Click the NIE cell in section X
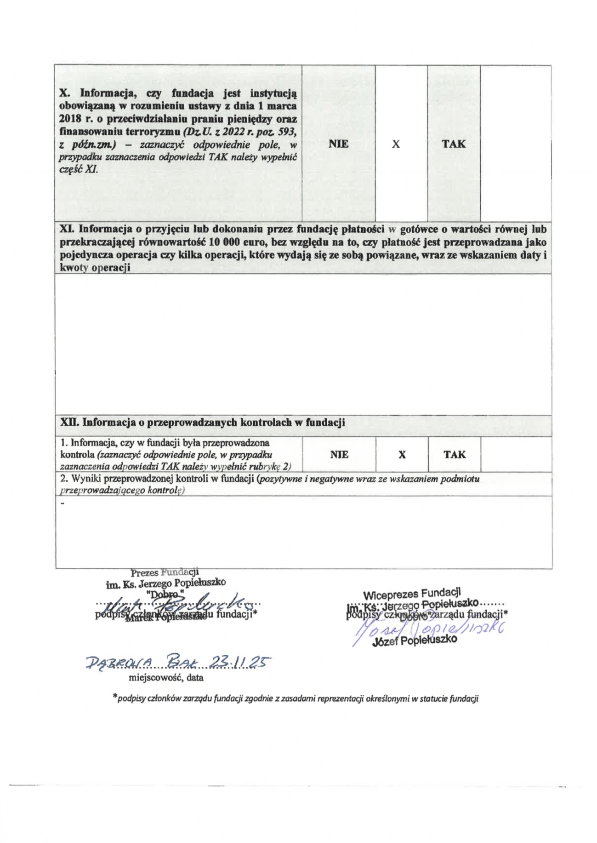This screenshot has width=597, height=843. [338, 144]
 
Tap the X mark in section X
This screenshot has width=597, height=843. [396, 144]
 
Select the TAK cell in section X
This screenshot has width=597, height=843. [454, 144]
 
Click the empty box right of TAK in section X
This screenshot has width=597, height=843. [516, 144]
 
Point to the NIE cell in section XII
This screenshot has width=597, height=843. [339, 455]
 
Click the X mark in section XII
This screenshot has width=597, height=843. [402, 455]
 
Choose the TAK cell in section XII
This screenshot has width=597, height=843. [455, 455]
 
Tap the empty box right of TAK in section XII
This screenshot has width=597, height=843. [516, 455]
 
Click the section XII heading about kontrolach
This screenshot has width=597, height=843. [203, 422]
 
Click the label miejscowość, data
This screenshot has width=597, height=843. [166, 677]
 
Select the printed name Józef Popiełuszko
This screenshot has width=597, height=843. [414, 640]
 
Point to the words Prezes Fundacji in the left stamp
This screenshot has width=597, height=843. [164, 573]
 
